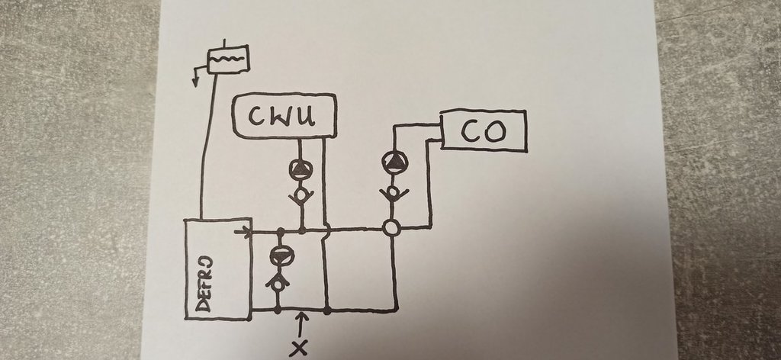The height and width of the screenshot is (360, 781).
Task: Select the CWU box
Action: point(284,116)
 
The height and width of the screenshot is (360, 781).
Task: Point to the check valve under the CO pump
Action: point(393,193)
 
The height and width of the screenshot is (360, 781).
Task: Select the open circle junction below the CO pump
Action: point(392,227)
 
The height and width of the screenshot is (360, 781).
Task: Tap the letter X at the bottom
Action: point(301,349)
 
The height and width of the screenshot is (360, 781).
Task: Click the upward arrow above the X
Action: point(302,323)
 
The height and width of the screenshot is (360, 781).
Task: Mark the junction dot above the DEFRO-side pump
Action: point(280,231)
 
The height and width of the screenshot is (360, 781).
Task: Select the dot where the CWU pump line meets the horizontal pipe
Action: point(302,229)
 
